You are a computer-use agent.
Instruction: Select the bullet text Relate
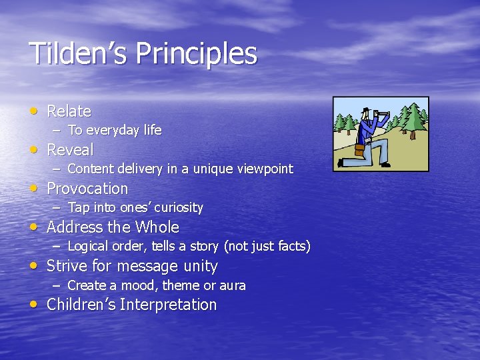coord(69,111)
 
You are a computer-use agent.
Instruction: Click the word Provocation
coord(87,189)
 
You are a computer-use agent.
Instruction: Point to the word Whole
coord(157,227)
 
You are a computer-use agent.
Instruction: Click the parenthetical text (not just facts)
coord(267,247)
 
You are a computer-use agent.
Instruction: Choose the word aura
coord(233,285)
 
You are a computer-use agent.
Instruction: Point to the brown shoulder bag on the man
coord(360,151)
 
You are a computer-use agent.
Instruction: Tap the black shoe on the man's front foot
coord(385,164)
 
